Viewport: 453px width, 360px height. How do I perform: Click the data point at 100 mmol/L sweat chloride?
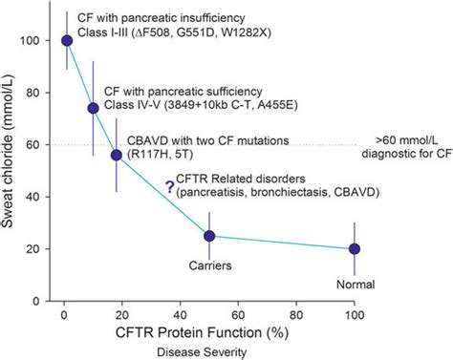tap(67, 40)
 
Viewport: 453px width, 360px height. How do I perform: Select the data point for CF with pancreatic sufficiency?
tap(93, 108)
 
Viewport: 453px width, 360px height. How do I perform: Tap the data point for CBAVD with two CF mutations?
tap(117, 155)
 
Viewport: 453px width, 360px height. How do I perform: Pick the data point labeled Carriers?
tap(209, 236)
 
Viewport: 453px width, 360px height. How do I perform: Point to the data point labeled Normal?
tap(355, 248)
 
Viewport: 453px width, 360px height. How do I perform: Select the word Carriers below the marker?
tap(209, 266)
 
